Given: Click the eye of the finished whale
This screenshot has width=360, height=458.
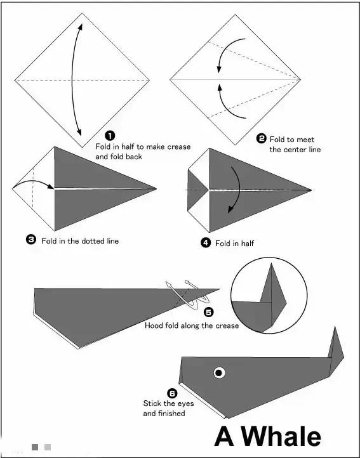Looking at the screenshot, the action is [x=219, y=373].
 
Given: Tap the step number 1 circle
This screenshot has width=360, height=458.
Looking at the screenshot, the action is [x=110, y=136].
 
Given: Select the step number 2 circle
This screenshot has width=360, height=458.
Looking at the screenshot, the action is [x=261, y=138].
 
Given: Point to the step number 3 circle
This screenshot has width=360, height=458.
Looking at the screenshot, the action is [x=31, y=240].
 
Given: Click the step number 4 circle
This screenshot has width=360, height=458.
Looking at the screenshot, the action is [x=206, y=242].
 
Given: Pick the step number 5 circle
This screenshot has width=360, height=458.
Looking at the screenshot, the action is [x=208, y=312].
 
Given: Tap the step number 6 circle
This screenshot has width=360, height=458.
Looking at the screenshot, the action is [x=172, y=393].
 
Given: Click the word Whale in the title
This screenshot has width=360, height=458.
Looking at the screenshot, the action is [x=285, y=437].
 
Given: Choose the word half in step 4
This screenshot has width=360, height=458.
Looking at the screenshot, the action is [x=247, y=244].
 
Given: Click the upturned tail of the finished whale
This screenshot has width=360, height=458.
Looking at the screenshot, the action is [x=336, y=351].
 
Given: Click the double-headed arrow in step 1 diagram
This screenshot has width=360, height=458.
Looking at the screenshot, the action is [x=72, y=80].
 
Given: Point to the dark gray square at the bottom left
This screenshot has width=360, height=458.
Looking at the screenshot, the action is [x=35, y=447].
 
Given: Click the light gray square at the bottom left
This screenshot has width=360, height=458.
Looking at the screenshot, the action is [x=48, y=447].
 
